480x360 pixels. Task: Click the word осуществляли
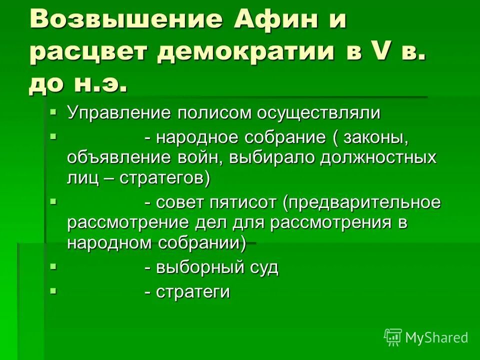(x=318, y=113)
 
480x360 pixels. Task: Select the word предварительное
(x=362, y=203)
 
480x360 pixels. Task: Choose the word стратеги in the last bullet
(x=193, y=292)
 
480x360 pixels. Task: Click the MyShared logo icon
(x=393, y=337)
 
